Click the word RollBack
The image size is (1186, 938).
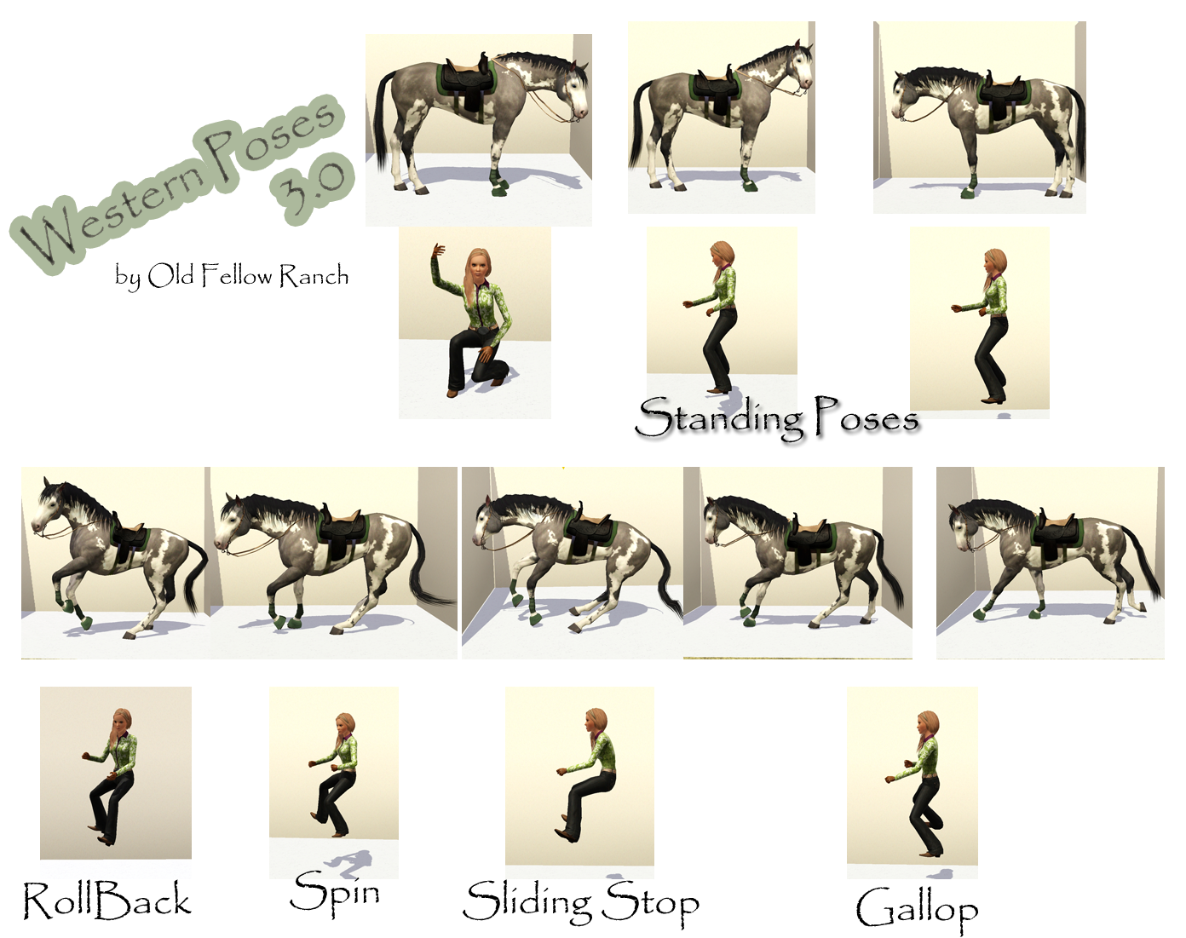107,901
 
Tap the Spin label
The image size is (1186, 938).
335,893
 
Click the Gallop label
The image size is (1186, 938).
917,909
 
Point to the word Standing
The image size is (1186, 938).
720,417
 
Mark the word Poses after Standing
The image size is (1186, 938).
865,417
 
